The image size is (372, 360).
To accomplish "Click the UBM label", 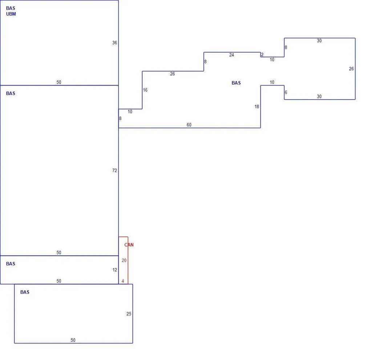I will click(11, 14).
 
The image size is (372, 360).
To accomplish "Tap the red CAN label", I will click(129, 245).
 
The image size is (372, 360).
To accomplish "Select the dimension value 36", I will click(114, 43).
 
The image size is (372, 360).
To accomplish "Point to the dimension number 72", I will click(114, 170).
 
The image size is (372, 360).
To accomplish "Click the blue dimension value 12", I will click(115, 270).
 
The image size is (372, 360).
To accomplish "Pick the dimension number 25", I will click(129, 314).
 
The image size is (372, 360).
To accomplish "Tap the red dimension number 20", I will click(124, 260).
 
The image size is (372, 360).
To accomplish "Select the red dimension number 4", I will click(123, 281).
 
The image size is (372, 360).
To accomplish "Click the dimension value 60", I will click(189, 125).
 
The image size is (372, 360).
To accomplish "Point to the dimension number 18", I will click(257, 107).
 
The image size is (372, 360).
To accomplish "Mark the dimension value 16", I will click(145, 90).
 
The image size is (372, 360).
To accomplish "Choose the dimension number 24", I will click(231, 55).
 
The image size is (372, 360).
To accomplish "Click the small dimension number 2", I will click(262, 55).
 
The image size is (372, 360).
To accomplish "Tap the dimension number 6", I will click(286, 92).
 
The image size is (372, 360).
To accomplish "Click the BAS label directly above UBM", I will click(11, 8).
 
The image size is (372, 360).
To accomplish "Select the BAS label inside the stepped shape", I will click(236, 83).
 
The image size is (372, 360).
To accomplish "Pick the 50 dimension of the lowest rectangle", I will click(73, 340).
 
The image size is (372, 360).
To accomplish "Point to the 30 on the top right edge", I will click(319, 41).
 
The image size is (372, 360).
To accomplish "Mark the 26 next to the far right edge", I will click(351, 69).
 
